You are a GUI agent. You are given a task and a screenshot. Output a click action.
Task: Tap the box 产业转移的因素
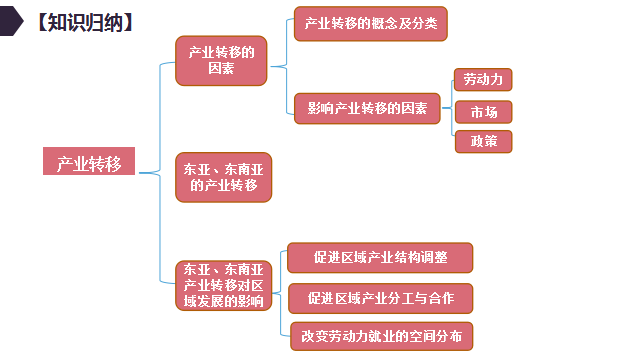click(221, 61)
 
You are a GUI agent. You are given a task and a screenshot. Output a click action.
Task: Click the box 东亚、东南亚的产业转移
click(224, 177)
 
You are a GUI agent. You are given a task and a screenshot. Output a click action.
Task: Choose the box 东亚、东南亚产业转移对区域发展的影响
click(224, 285)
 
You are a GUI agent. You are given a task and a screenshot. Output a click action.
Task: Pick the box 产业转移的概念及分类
click(369, 23)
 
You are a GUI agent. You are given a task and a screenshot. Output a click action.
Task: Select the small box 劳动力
click(483, 79)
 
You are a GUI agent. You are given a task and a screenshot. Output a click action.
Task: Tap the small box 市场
click(483, 111)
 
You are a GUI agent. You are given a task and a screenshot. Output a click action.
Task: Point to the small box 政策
click(483, 141)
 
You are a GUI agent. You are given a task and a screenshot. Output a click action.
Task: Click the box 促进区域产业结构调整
click(379, 258)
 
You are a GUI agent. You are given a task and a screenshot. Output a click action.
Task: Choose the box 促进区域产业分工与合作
click(379, 298)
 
